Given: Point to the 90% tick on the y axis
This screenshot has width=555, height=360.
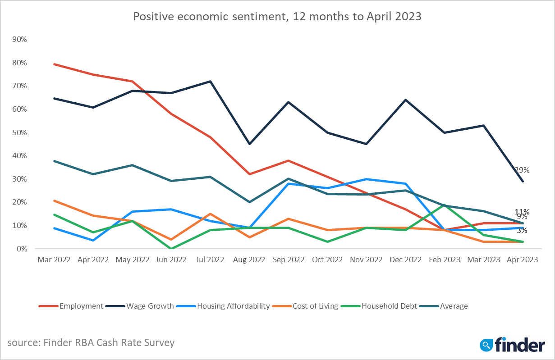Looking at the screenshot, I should [19, 40].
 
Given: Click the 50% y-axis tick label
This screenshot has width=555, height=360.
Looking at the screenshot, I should [19, 132].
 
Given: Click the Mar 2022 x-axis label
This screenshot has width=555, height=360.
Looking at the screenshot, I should [54, 260].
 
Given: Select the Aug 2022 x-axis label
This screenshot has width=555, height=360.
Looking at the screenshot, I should [250, 260].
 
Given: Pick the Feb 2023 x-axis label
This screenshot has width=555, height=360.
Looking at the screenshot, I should [445, 260].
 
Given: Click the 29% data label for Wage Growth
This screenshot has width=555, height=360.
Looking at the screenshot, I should [522, 170].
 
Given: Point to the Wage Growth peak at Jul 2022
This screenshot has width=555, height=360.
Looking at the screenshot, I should [211, 82].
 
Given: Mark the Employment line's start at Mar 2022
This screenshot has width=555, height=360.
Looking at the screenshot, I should [54, 64].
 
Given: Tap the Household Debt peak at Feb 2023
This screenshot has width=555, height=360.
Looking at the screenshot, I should [445, 205].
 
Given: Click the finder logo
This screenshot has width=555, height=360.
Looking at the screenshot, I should [512, 345].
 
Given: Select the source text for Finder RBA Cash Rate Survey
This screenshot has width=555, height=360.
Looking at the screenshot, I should [91, 342].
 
